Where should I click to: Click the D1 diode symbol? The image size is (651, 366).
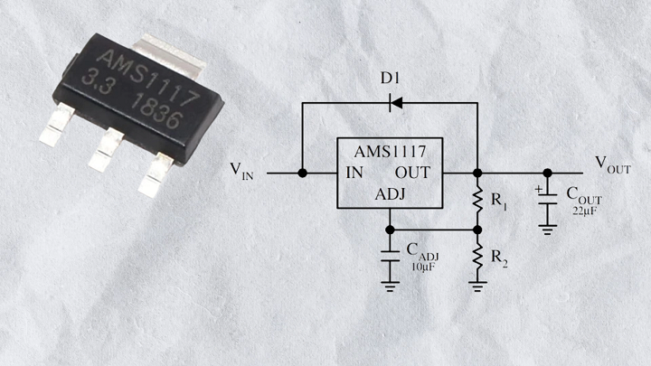coord(396,102)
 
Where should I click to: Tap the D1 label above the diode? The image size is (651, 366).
coord(390,78)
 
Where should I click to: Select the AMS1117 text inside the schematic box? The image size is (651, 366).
coord(390,152)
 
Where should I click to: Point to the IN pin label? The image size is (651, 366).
coord(354,173)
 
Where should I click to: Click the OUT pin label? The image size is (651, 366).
coord(412,173)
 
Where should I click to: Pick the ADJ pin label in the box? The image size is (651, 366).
coord(390,194)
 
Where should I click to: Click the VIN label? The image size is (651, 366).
coord(241,171)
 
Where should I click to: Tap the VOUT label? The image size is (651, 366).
coord(613,164)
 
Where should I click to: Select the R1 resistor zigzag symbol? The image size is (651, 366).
coord(477,201)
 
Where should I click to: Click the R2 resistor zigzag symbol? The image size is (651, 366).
coord(477,257)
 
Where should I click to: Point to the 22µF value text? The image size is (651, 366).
coord(585,211)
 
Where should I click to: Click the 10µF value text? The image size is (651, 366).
coord(423,267)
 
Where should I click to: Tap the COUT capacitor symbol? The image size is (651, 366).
coord(548,199)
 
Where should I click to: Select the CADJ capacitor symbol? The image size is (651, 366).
coord(390,256)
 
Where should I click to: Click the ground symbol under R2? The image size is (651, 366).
coord(477,286)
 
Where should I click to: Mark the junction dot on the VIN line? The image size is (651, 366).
coord(303,173)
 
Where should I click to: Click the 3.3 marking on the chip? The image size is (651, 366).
coord(98,81)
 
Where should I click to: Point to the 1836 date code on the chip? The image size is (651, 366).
coord(156,112)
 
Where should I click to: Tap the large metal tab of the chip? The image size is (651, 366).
coord(169,54)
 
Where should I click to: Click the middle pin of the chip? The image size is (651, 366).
coord(107,149)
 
